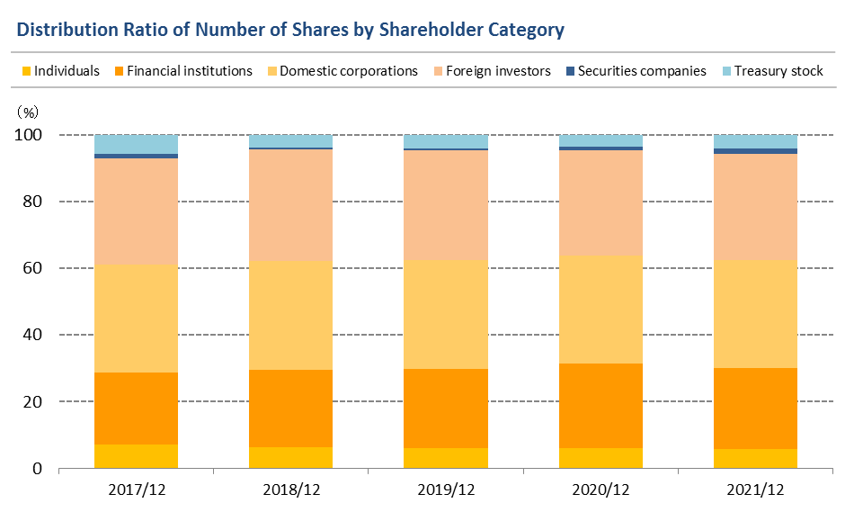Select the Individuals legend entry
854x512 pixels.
coord(59,71)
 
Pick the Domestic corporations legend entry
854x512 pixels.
coord(341,71)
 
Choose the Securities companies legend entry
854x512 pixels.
coord(634,71)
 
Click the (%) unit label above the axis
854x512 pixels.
coord(28,112)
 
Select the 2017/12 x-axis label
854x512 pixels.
coord(136,490)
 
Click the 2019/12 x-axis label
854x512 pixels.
coord(446,490)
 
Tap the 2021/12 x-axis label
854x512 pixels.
coord(755,490)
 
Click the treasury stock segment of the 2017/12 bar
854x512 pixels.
coord(136,144)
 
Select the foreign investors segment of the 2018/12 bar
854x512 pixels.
coord(290,205)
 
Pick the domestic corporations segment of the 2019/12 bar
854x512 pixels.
coord(446,314)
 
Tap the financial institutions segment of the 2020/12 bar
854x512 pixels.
coord(600,406)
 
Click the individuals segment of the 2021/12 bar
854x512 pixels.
coord(755,458)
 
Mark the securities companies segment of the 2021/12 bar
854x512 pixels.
coord(755,151)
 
